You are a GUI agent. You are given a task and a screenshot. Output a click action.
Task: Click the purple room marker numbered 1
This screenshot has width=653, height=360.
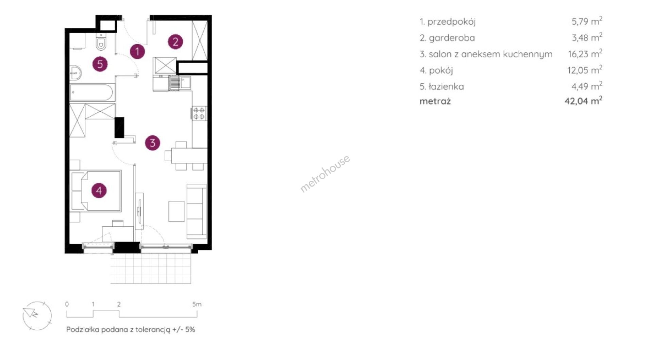pos(137,51)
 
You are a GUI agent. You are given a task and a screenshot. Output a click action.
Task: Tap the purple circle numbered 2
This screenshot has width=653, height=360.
pos(175,42)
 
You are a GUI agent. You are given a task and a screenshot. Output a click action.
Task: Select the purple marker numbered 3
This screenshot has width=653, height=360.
pos(152,143)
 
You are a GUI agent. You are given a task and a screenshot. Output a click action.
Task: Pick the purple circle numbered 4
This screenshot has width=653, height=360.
pos(99,190)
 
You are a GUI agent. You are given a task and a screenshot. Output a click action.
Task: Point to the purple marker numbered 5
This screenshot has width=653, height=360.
pos(100,64)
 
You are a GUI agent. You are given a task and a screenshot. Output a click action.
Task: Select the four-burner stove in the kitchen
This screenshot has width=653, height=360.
pos(199,113)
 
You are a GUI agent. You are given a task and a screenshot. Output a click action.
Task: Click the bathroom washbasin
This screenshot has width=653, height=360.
pos(76,72)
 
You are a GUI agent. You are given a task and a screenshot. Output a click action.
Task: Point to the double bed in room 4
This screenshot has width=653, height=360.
pos(96,191)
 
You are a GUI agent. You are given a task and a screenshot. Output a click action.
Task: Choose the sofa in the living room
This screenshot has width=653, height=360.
pos(197,211)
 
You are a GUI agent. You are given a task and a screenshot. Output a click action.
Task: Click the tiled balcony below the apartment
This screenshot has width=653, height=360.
pos(151,269)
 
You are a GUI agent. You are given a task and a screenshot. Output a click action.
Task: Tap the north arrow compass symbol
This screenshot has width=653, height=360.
pos(37,315)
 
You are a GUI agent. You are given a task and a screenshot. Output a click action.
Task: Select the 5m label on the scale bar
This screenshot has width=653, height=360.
pos(197,304)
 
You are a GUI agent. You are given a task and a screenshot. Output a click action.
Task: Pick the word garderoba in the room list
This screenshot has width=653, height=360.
pos(452,38)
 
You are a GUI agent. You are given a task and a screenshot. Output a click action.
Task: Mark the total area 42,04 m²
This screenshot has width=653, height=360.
pos(584,101)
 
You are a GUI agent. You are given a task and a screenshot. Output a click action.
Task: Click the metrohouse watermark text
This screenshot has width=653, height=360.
pos(325,174)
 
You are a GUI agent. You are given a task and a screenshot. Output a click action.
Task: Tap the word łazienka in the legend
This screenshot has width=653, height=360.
pos(446,86)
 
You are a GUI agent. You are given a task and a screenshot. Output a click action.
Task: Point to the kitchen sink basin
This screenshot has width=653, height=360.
pos(186,83)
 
